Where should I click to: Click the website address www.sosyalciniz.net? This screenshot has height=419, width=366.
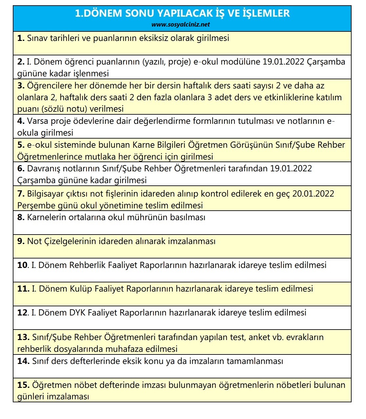tap(181, 25)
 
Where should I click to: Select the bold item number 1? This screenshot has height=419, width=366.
tap(21, 38)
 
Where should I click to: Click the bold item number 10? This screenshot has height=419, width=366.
tap(23, 265)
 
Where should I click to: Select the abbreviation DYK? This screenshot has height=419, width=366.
tap(77, 313)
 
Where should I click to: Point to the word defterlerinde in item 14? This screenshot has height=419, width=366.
tap(95, 361)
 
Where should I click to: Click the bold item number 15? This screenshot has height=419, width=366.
tap(23, 385)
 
